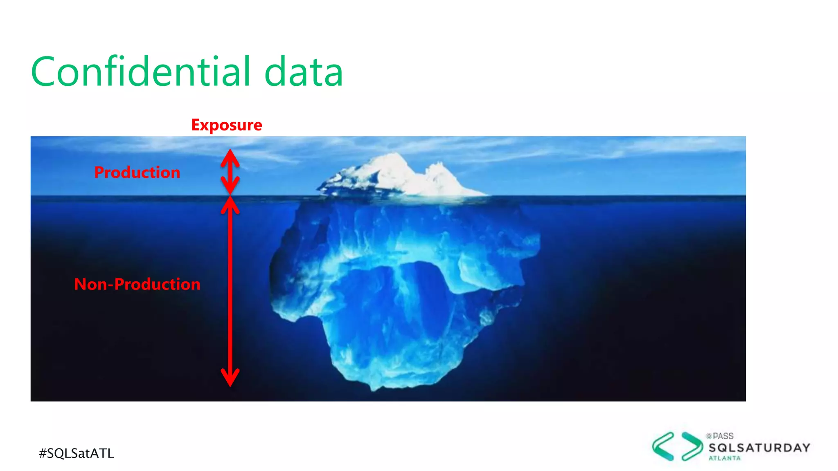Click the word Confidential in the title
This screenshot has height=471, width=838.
(x=141, y=72)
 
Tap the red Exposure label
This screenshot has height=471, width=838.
(x=227, y=125)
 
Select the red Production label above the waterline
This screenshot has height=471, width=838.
(x=137, y=172)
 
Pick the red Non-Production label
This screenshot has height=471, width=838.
(x=137, y=284)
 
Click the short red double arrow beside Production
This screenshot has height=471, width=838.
(x=230, y=172)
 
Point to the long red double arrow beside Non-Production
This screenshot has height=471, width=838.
(x=230, y=290)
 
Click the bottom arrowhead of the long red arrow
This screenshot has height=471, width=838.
(x=230, y=378)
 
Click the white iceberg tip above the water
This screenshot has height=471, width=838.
(x=393, y=174)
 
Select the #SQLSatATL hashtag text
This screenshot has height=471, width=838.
(x=77, y=453)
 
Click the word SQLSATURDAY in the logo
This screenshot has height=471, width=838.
(x=759, y=448)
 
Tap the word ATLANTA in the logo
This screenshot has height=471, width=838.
(x=725, y=458)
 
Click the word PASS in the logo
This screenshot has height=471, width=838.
(x=723, y=436)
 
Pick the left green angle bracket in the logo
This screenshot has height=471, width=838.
(x=663, y=446)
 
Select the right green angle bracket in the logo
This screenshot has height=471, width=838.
(x=692, y=446)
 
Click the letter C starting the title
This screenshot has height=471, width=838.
(x=43, y=72)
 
